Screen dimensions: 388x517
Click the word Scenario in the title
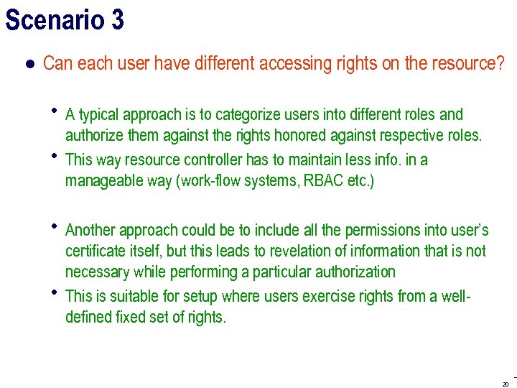[x=55, y=20]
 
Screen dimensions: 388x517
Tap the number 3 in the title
[x=117, y=20]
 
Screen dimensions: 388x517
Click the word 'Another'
[x=90, y=230]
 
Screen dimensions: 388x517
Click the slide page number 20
[x=506, y=383]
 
